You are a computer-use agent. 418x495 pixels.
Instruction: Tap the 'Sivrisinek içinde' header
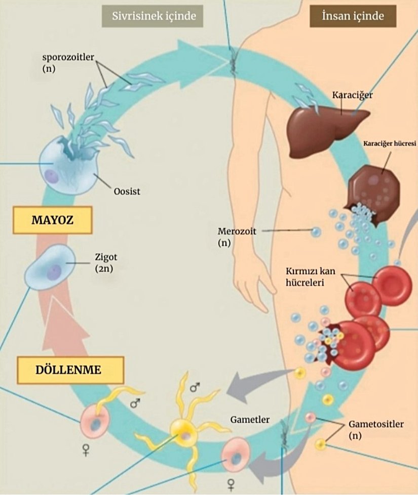(148, 16)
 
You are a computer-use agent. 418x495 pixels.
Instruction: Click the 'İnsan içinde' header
(353, 16)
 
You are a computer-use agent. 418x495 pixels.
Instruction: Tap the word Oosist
(127, 192)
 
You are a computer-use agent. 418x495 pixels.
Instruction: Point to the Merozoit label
(237, 232)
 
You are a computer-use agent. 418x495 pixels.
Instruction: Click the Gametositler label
(376, 424)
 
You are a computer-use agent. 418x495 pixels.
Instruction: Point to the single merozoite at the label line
(316, 232)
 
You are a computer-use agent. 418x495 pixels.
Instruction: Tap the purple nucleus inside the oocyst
(51, 176)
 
